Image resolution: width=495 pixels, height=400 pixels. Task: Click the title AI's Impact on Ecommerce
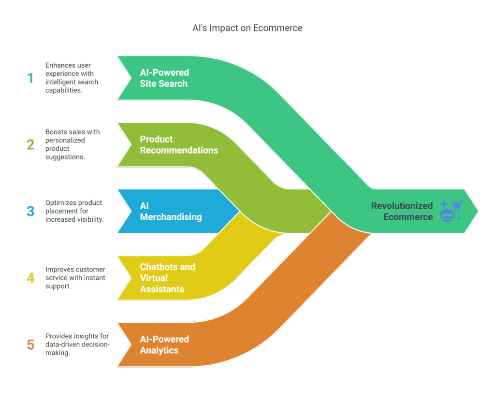click(x=247, y=28)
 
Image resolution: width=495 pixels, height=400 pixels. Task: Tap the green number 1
click(x=30, y=78)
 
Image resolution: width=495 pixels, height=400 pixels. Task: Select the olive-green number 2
click(x=30, y=144)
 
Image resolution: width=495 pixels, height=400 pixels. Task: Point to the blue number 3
click(x=30, y=211)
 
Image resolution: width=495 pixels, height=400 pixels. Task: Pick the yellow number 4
click(x=30, y=278)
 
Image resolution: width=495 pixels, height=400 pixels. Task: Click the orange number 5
click(x=30, y=344)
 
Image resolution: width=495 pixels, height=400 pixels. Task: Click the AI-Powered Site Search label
click(x=164, y=78)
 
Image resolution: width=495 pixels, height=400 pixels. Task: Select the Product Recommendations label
click(x=179, y=144)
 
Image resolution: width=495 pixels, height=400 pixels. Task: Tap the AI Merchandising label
click(x=171, y=212)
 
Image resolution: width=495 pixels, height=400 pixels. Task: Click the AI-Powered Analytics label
click(x=164, y=344)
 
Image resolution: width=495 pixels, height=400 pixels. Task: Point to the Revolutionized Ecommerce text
click(x=402, y=212)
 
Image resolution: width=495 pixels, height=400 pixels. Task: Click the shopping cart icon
click(x=457, y=205)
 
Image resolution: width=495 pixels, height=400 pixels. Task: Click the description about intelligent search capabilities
click(x=72, y=78)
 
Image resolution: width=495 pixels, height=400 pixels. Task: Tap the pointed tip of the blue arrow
click(x=239, y=211)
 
